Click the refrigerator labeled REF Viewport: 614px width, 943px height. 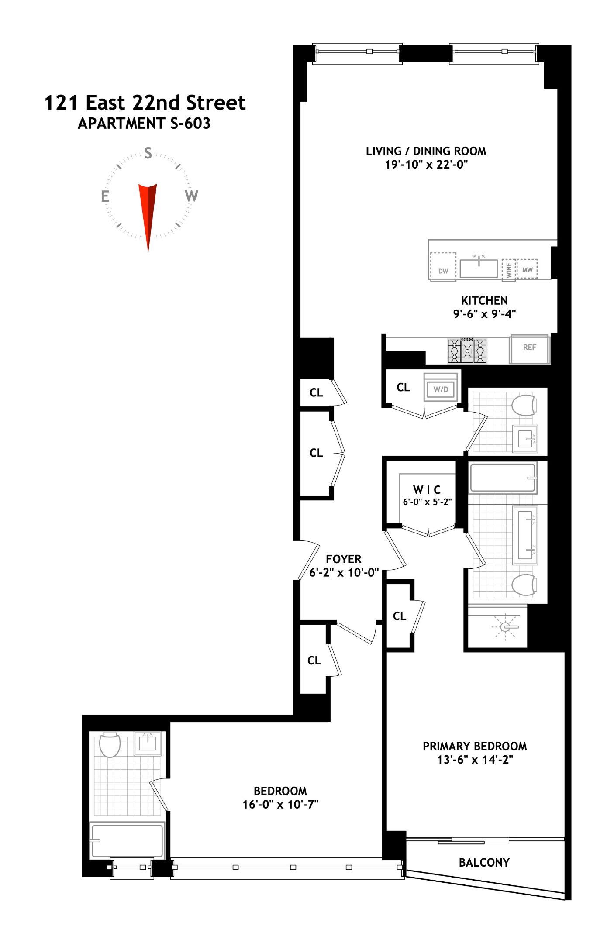tap(529, 349)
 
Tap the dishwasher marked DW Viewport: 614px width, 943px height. tap(443, 267)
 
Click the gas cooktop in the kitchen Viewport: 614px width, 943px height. tap(467, 351)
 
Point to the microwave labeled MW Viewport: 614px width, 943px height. tap(527, 269)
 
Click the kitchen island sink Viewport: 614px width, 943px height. tap(479, 268)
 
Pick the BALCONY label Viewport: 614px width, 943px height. tap(484, 862)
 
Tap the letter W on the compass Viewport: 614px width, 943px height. tap(191, 196)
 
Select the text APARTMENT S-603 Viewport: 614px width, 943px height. tap(144, 124)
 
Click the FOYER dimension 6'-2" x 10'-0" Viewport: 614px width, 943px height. tap(344, 572)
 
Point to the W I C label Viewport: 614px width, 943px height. tap(427, 489)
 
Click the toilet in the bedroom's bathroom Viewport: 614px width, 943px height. tap(110, 745)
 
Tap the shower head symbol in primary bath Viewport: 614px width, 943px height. tap(506, 627)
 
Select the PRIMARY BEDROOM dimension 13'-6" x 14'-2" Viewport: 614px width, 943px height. tap(475, 760)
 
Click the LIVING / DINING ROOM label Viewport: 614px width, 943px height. tap(426, 151)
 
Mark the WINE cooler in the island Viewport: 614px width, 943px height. tap(509, 270)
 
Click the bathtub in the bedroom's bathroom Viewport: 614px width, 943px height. tap(127, 840)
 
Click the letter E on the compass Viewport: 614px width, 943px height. tap(105, 196)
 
